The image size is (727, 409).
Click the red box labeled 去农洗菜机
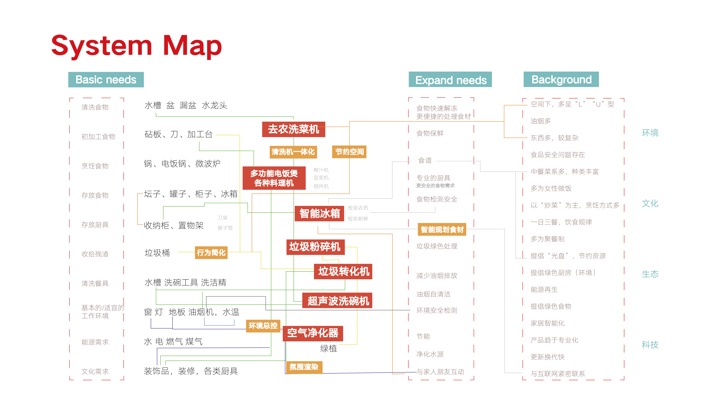tap(293, 129)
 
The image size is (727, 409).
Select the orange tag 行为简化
tap(211, 252)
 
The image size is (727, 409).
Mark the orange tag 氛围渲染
tap(304, 367)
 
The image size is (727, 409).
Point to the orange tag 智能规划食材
tap(442, 229)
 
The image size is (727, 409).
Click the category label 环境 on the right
tap(650, 133)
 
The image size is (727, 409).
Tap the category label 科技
tap(650, 345)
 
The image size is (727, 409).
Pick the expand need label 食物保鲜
tap(430, 133)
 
